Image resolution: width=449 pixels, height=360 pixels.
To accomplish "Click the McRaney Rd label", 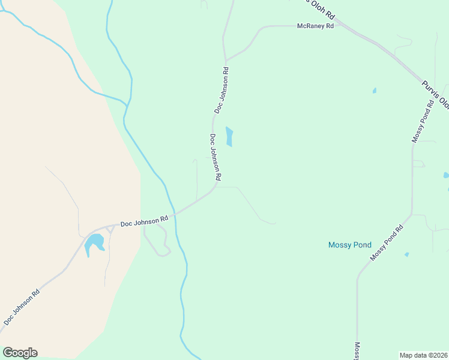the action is point(315,26).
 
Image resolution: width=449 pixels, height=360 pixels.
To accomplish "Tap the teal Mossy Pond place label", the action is point(350,245).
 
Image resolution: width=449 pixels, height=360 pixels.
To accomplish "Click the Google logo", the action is point(20,352).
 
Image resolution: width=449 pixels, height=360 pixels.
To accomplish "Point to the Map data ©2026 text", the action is point(424,355).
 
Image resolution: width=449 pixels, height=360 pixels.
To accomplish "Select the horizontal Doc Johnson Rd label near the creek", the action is point(144,222).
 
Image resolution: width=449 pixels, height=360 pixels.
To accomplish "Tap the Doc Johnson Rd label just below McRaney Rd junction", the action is point(221,90).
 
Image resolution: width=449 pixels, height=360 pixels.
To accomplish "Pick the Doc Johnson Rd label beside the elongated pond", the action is point(216,157).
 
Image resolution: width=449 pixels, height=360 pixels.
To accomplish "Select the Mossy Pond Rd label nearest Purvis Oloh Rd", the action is point(423,121).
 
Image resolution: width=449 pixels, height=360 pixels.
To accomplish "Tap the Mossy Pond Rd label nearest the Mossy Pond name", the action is point(387,242).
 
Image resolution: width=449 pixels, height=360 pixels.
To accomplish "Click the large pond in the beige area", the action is point(94,244).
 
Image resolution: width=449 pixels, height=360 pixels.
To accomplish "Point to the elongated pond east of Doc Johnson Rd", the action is point(229,136).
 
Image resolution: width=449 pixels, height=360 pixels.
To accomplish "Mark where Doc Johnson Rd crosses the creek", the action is point(175,214).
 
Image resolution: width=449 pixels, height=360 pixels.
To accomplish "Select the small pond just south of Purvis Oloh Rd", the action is point(374,91).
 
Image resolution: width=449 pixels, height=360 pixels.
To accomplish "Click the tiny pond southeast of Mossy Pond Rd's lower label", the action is point(406,254).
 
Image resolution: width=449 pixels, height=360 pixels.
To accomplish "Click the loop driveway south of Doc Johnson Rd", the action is point(157,243).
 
